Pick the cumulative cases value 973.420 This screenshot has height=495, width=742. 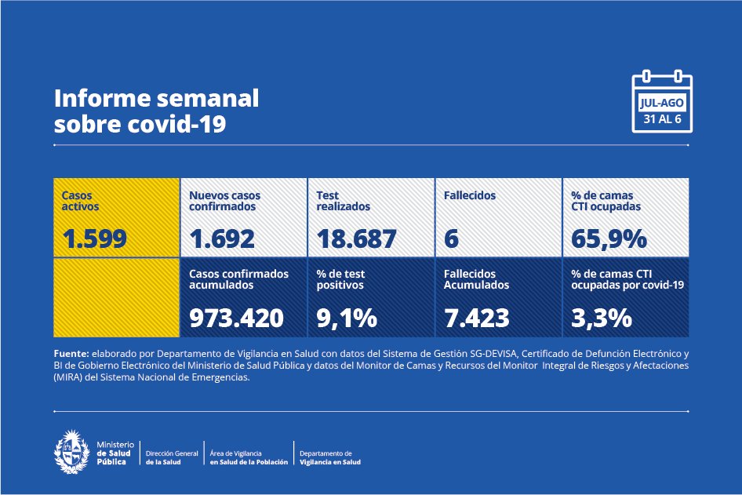click(236, 317)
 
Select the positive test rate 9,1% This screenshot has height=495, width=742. click(347, 317)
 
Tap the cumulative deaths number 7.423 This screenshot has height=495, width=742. click(476, 317)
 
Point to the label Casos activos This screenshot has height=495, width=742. click(81, 201)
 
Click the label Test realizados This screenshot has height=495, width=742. click(343, 201)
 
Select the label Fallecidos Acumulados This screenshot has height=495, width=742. click(476, 279)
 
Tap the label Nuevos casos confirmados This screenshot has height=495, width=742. click(224, 201)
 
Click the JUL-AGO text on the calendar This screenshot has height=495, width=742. click(662, 103)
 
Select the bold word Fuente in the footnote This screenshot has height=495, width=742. click(71, 354)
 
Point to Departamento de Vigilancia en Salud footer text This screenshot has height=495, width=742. click(329, 457)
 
